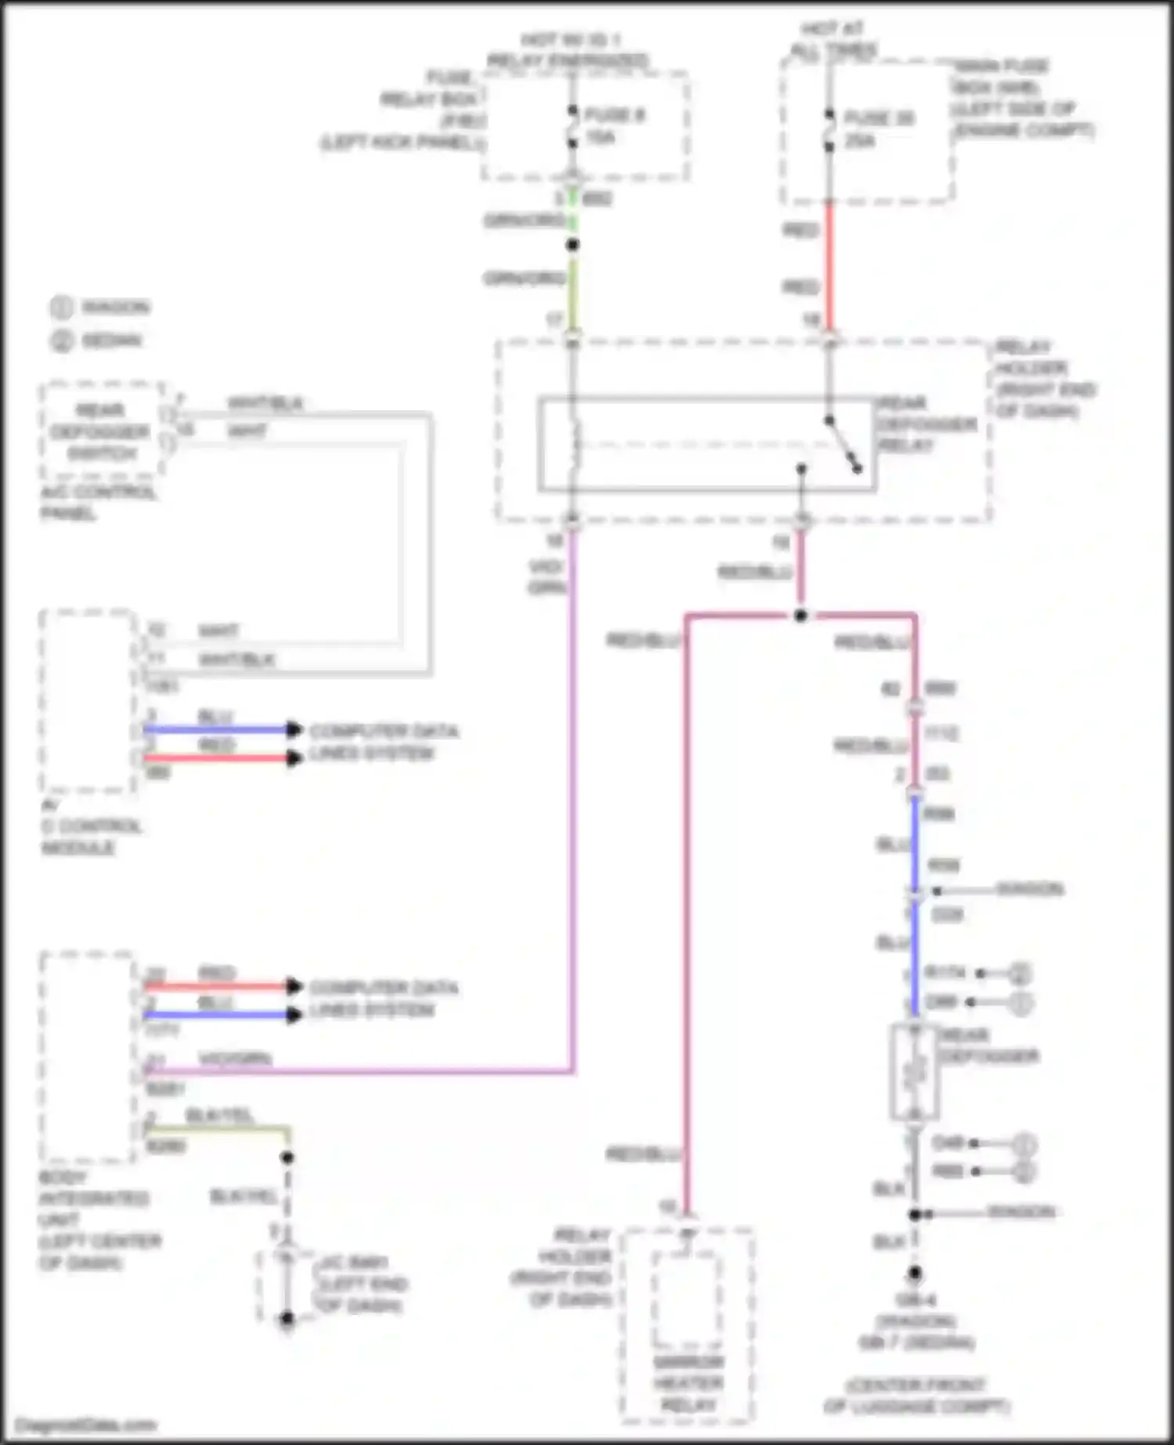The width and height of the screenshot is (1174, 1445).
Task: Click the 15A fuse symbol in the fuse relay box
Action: [573, 127]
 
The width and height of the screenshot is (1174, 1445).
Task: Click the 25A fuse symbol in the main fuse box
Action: [830, 130]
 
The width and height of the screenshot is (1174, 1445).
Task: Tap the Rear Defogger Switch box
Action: [102, 431]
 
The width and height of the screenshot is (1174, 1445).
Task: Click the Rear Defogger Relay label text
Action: [927, 424]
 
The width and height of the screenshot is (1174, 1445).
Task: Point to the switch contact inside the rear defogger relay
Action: [844, 444]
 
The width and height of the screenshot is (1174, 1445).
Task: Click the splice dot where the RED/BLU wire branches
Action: [801, 616]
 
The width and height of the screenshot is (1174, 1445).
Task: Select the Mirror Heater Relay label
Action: [689, 1383]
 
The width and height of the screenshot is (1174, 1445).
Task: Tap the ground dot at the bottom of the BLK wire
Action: [914, 1274]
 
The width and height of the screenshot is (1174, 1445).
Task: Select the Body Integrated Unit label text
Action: [94, 1220]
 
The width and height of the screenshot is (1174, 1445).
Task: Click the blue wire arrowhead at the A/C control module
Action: [293, 730]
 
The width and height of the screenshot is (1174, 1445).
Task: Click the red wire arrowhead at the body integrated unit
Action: [293, 986]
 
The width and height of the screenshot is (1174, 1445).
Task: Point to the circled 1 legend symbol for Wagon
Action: [62, 307]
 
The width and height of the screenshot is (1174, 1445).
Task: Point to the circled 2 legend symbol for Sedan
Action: [62, 341]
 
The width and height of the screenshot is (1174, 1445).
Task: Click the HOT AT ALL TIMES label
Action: [833, 39]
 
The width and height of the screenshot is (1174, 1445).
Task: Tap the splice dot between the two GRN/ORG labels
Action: [573, 245]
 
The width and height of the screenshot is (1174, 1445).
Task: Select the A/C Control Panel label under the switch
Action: [98, 503]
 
